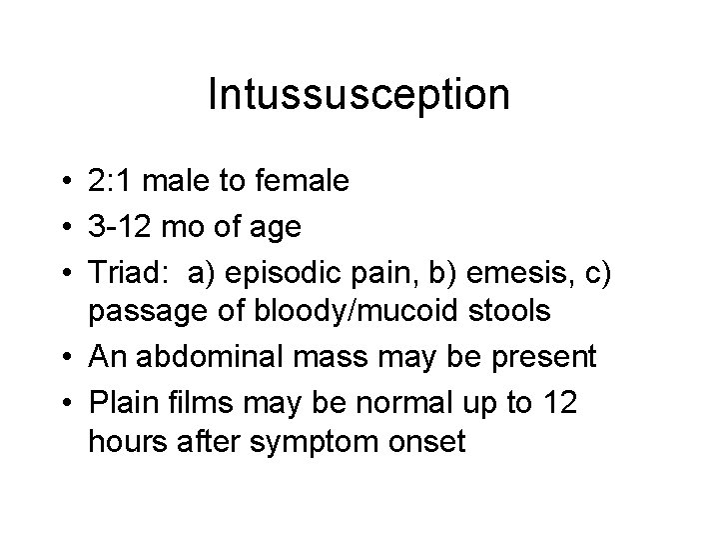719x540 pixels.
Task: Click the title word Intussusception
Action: [359, 95]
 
